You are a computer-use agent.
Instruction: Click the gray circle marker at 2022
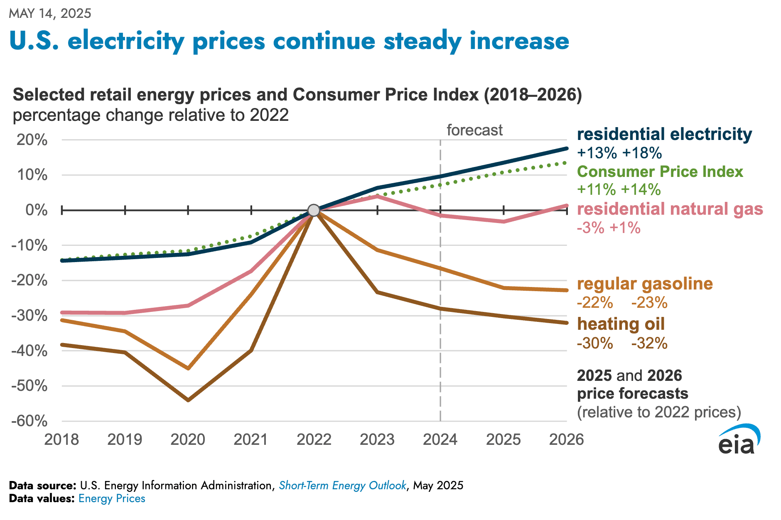314,210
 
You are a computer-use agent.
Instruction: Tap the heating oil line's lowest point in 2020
188,400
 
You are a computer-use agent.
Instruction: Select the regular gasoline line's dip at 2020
188,368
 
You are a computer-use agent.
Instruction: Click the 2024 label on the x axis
440,439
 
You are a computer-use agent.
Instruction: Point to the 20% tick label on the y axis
32,140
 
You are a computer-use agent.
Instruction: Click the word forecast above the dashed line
474,130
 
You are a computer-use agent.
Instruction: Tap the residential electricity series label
664,135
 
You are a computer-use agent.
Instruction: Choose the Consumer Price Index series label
660,172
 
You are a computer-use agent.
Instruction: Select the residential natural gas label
670,209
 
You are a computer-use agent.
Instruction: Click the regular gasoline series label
645,284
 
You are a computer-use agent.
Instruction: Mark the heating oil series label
621,324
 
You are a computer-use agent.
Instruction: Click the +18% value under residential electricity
642,153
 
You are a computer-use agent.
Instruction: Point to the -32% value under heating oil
649,343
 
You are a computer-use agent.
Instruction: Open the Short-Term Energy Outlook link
342,486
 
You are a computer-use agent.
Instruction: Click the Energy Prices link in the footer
112,499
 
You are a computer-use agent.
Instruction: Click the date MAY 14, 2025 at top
50,13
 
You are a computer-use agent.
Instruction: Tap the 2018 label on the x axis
61,439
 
